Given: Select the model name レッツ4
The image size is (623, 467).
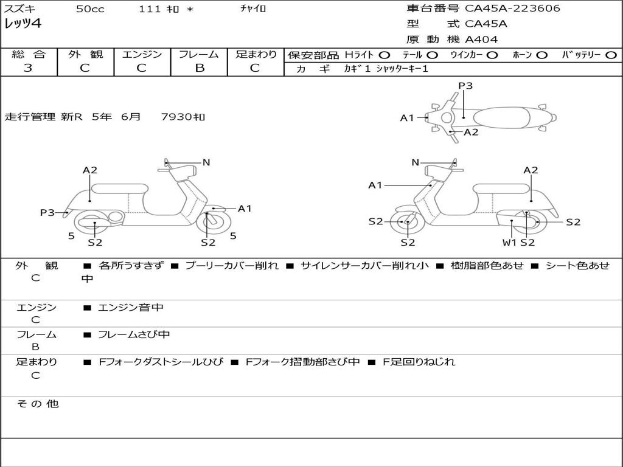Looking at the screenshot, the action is pos(23,24).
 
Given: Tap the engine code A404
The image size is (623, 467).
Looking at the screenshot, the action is pos(481,40).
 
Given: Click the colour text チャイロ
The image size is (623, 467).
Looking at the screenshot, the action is pos(253,9).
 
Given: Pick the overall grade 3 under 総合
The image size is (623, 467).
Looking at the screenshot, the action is pos(28,68).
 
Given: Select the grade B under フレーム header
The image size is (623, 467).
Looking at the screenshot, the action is pos(199,68).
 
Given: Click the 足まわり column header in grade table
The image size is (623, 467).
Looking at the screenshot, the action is pos(256,54).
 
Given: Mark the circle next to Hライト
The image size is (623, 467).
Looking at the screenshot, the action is pos(384,55).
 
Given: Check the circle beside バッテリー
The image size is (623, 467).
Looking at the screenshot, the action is pos(611,55).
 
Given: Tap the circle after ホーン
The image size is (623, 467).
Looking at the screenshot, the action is pos(541,55).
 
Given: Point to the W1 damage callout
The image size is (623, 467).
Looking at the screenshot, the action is pos(509,242).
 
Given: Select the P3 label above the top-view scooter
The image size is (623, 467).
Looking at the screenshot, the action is pos(465,86).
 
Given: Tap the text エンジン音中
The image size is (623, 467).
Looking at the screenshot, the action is pos(131,308).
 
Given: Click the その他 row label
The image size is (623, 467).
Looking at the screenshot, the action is pos(38,404).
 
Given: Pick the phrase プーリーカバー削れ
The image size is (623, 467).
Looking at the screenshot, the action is pos(231,266).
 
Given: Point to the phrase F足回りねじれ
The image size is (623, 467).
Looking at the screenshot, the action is pos(419,362).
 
